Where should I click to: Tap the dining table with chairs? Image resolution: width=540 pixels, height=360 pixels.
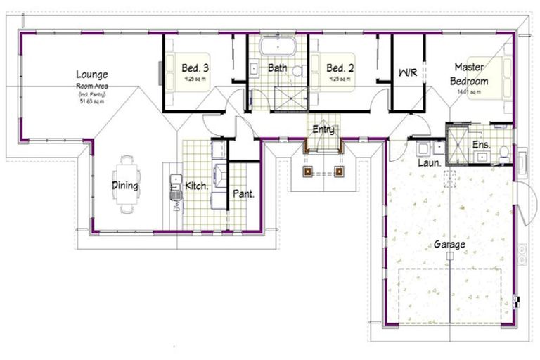tap(127, 184)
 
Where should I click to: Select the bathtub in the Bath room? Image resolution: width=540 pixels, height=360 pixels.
tap(278, 48)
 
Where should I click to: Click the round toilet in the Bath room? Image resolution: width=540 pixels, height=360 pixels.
tap(297, 71)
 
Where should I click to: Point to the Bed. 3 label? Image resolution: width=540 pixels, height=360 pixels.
tap(195, 68)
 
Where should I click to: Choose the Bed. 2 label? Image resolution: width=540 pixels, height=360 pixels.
tap(340, 68)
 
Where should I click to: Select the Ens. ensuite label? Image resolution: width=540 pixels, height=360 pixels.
tap(481, 145)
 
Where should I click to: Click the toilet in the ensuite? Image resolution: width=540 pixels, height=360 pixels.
tap(503, 151)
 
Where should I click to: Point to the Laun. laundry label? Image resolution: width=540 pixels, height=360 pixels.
tap(429, 162)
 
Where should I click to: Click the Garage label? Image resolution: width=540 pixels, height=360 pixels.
tap(449, 245)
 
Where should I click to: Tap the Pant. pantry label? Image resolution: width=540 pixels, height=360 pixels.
tap(243, 193)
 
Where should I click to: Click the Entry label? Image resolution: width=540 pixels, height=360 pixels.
tap(323, 129)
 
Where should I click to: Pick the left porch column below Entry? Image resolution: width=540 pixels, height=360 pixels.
tap(307, 171)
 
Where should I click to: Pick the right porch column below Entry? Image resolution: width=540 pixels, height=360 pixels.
tap(339, 171)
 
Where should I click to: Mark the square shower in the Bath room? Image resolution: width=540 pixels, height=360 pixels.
tap(290, 98)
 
